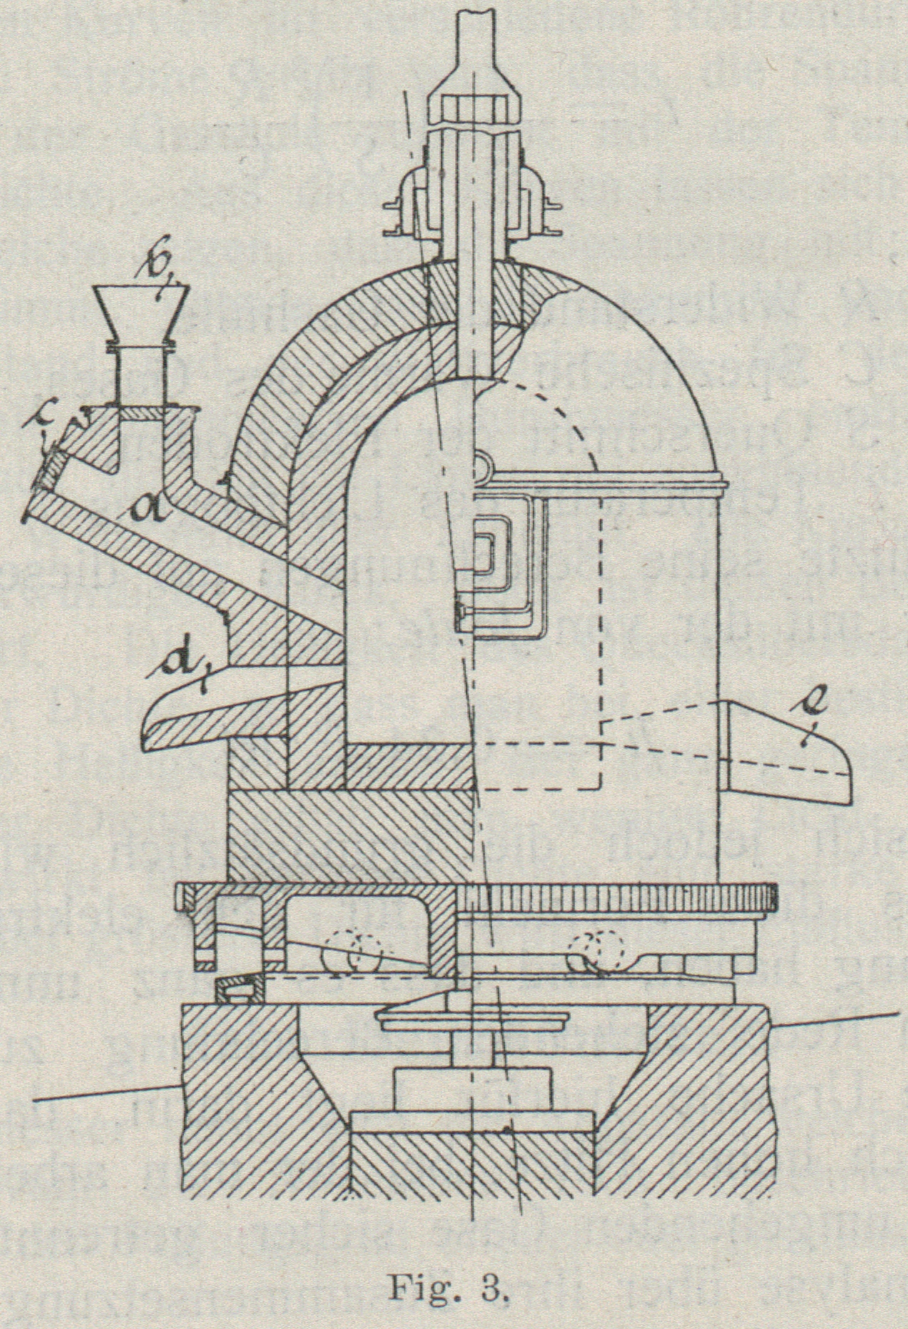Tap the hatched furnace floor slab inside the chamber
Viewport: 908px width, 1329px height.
[x=407, y=768]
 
